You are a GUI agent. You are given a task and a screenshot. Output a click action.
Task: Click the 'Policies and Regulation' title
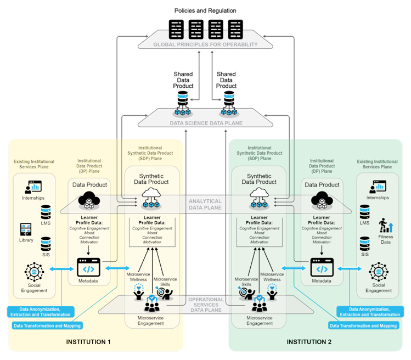pos(205,10)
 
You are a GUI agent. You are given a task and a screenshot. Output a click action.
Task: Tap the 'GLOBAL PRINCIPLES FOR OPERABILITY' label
pos(205,44)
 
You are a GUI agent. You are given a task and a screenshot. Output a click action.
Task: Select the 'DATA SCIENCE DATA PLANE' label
pos(205,123)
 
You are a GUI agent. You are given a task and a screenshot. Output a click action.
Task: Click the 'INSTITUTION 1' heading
pos(88,342)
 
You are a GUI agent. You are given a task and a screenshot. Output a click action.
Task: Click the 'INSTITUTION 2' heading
pos(309,342)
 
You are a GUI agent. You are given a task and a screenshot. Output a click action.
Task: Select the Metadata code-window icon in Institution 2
pos(322,268)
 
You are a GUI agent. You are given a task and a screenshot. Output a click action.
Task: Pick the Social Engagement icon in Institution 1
pos(34,272)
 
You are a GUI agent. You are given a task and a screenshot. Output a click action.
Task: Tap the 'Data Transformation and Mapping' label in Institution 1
pos(47,325)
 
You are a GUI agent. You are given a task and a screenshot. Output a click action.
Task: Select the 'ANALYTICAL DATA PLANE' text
pos(205,204)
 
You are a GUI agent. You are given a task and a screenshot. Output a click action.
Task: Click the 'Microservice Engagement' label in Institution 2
pos(259,320)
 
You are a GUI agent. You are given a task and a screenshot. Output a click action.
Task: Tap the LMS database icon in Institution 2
pos(364,211)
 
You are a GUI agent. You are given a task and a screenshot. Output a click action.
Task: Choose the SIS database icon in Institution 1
pos(46,243)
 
